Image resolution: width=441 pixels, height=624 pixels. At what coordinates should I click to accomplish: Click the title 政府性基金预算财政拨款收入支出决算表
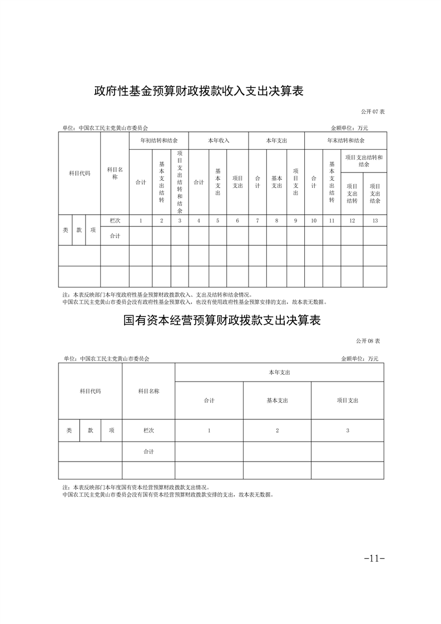point(199,91)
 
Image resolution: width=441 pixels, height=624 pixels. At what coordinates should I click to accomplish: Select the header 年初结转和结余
point(158,141)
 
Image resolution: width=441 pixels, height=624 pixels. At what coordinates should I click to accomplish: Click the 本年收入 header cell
point(218,141)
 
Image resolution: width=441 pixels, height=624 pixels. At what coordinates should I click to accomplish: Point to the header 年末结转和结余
point(345,141)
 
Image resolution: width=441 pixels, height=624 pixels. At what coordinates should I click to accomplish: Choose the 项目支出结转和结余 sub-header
point(364,161)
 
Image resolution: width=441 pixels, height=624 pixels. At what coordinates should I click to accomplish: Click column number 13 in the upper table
point(375,221)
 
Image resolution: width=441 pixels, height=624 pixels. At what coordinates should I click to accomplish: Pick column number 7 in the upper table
point(257,221)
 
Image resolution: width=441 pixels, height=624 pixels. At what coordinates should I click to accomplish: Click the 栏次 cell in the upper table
point(115,221)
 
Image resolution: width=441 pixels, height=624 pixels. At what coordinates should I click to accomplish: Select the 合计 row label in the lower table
point(148,452)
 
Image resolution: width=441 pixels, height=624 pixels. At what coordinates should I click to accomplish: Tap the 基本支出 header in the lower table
point(277,400)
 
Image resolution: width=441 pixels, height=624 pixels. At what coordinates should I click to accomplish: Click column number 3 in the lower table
point(348,430)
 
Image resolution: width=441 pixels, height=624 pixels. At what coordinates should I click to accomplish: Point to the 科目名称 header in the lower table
point(148,391)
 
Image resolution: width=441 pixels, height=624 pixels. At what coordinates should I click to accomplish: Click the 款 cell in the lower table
point(91,430)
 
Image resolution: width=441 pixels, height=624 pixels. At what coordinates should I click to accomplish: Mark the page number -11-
point(374,558)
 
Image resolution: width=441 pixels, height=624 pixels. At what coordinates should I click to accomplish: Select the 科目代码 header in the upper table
point(80,173)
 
